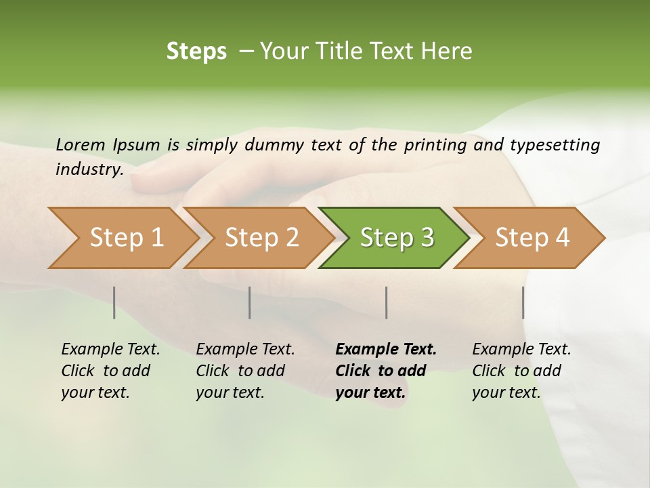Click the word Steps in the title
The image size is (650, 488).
pos(196,52)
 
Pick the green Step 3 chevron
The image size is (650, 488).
pos(397,237)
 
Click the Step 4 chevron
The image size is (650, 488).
pos(532,237)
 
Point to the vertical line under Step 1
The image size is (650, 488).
pos(114,302)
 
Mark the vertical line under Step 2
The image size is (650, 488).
pos(250,302)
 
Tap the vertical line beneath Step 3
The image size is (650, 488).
pos(387,302)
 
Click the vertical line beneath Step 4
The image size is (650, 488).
pos(523,302)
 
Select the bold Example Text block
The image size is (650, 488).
pos(386,371)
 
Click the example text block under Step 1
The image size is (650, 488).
pos(110,371)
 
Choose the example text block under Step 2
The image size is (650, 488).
pos(245,371)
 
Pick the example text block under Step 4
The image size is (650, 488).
pos(521,371)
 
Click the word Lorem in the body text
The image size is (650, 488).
pos(81,144)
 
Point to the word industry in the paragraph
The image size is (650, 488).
pos(89,169)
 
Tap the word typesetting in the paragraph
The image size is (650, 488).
pos(555,144)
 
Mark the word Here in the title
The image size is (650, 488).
pos(446,52)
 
